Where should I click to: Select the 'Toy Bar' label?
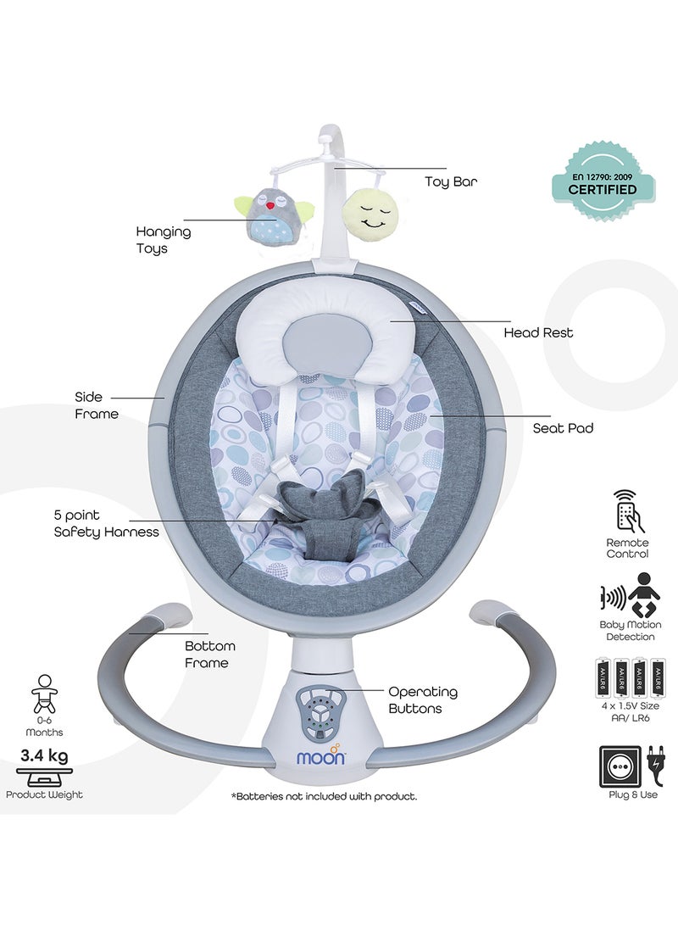[451, 181]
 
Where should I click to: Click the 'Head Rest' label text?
[538, 332]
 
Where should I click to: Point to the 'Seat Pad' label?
[563, 428]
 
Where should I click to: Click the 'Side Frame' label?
[97, 405]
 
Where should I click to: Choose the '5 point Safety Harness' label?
[106, 523]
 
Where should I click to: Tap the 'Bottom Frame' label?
[210, 655]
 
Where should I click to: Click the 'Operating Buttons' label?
[423, 699]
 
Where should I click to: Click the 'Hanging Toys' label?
[164, 239]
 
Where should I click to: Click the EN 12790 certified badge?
[603, 184]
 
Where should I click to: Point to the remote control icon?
[627, 511]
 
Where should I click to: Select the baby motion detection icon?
[630, 594]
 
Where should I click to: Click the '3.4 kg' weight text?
[44, 755]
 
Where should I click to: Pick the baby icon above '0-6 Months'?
[44, 694]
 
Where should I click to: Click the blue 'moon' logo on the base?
[321, 755]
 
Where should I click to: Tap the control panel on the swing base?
[321, 715]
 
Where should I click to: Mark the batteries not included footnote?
[325, 796]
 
